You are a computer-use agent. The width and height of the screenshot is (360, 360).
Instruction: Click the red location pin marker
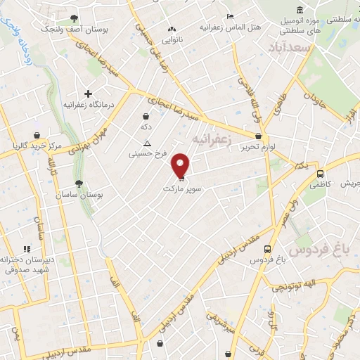(181, 165)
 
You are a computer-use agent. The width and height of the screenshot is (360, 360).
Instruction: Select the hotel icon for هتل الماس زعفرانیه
(230, 16)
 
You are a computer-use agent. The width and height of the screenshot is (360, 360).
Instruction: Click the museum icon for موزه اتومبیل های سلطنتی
(300, 10)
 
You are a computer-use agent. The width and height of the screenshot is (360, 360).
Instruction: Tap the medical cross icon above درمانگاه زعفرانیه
(88, 94)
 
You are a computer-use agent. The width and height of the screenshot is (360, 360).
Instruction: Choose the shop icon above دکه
(146, 117)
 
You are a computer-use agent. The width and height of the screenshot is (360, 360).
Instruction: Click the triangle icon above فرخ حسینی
(146, 143)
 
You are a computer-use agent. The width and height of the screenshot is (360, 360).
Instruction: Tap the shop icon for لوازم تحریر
(259, 136)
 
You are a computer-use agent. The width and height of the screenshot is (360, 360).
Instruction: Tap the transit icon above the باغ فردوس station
(268, 248)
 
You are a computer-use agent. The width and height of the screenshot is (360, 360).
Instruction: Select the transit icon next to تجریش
(321, 173)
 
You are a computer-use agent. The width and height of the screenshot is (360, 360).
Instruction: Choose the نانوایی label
(172, 41)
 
